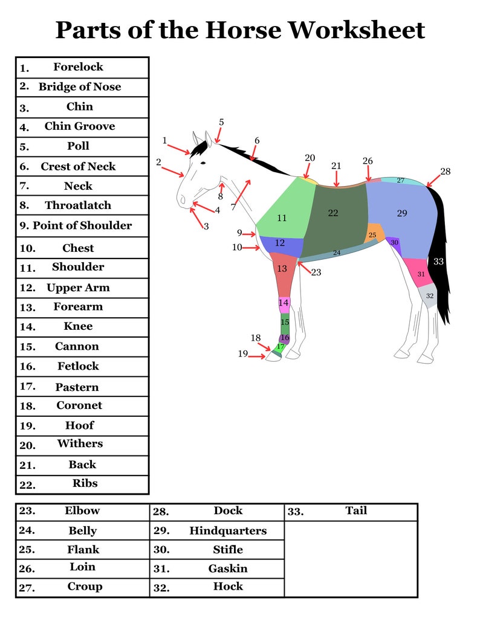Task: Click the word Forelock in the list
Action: pyautogui.click(x=78, y=67)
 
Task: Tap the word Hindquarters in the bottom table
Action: pyautogui.click(x=228, y=531)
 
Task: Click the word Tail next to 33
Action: pyautogui.click(x=356, y=510)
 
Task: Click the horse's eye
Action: pyautogui.click(x=203, y=163)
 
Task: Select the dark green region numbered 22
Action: pyautogui.click(x=333, y=213)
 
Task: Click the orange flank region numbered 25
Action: pyautogui.click(x=372, y=234)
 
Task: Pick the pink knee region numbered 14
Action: pyautogui.click(x=284, y=302)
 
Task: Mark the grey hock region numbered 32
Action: pyautogui.click(x=429, y=295)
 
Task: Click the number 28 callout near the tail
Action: pyautogui.click(x=445, y=172)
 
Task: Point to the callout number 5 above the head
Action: pyautogui.click(x=221, y=122)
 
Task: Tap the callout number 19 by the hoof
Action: pyautogui.click(x=242, y=354)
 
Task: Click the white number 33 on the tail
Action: pyautogui.click(x=439, y=261)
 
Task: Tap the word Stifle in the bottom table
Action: pyautogui.click(x=228, y=550)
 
